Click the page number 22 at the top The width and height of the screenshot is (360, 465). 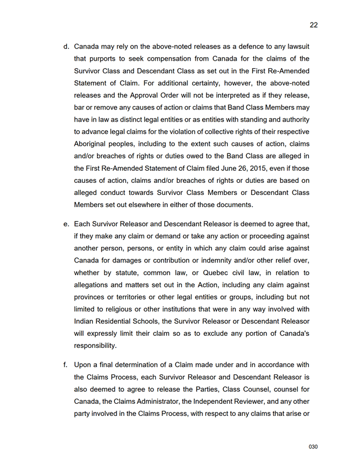[x=313, y=25]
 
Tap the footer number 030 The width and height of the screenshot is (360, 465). [x=313, y=447]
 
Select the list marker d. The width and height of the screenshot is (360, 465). [x=66, y=46]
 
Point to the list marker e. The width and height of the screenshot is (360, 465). [x=66, y=223]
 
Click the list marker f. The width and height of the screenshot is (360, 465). [x=66, y=364]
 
